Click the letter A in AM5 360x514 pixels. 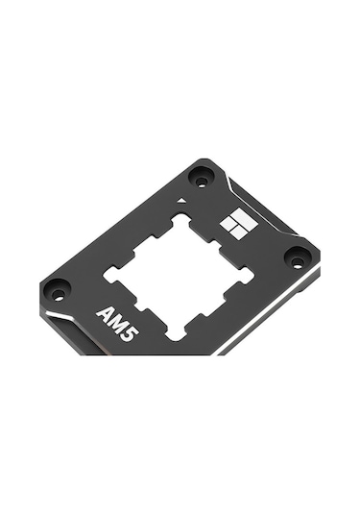tap(105, 313)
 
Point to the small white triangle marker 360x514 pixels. tap(181, 200)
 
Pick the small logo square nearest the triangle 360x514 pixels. tap(228, 225)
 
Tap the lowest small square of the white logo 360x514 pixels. tap(238, 233)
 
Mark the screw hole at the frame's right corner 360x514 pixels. tap(297, 258)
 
